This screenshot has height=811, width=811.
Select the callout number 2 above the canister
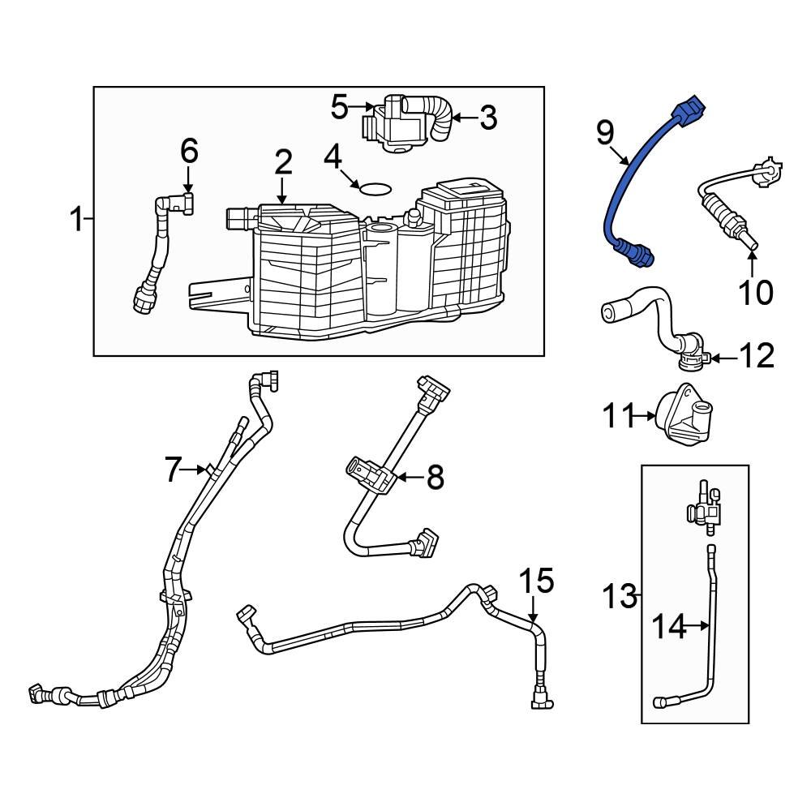[282, 163]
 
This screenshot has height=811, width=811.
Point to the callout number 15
[536, 581]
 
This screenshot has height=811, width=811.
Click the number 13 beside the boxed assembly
[620, 598]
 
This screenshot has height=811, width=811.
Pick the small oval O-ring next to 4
[374, 189]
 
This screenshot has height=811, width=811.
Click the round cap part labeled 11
[684, 417]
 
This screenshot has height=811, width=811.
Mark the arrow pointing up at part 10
[752, 264]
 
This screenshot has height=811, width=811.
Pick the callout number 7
[171, 470]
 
